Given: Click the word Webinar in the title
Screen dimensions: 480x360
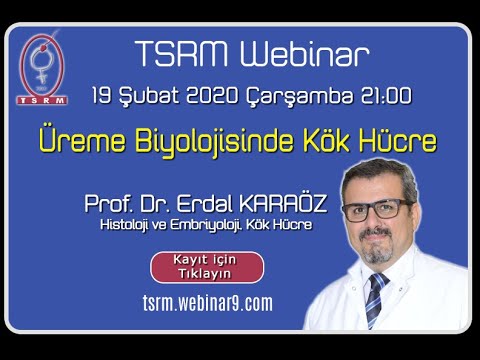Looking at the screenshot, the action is pos(305,54).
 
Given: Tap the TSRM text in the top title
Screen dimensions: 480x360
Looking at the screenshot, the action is pos(182,54).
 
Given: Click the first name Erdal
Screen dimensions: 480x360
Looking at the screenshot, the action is pos(204,204).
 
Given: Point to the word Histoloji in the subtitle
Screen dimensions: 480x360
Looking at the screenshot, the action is pos(124,225).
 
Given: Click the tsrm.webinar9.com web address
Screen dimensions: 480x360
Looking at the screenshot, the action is pos(208,303).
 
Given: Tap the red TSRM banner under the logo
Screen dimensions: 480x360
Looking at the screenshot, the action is pos(42,100).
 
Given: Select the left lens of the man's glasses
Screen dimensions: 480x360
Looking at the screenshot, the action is pos(355,212).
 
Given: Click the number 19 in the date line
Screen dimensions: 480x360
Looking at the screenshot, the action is pos(101,96).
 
